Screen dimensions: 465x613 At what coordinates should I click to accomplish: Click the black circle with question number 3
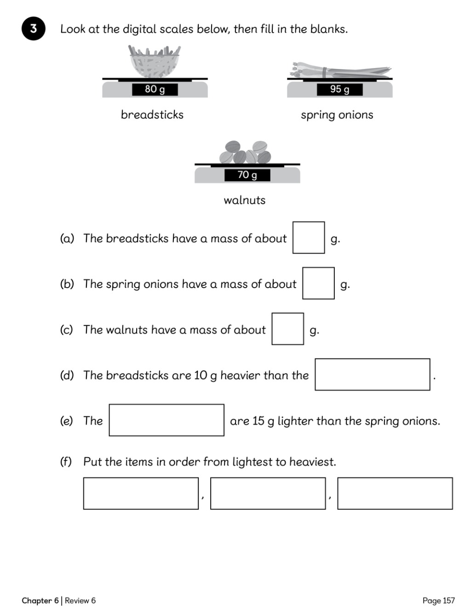(33, 28)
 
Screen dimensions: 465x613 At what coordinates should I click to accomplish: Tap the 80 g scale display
(155, 89)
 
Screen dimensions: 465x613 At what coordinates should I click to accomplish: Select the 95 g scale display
(339, 89)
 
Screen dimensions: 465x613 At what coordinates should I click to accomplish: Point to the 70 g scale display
(247, 175)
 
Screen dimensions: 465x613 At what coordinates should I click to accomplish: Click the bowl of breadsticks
(155, 62)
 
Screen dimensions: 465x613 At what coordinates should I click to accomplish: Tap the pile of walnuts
(245, 152)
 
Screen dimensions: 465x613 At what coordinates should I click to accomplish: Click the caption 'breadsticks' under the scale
(152, 114)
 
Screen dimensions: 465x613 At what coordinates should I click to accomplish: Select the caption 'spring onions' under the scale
(337, 115)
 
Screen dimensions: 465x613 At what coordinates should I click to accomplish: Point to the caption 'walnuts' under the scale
(245, 200)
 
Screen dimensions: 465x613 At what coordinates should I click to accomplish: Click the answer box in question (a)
(309, 238)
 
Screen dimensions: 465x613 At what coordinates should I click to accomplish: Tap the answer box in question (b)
(318, 283)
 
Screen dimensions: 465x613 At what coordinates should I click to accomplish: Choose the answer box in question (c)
(287, 329)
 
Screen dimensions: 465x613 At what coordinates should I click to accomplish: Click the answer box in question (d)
(372, 375)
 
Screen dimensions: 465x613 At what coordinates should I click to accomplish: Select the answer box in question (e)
(166, 420)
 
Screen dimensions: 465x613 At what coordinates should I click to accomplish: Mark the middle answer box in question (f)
(268, 494)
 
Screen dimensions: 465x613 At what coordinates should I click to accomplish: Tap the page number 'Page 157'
(438, 601)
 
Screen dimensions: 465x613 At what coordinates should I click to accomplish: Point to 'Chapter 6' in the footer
(40, 601)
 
